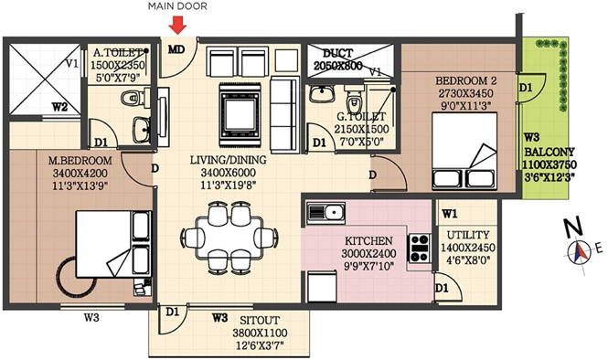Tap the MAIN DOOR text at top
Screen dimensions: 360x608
(177, 7)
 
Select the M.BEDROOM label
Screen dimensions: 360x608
(80, 161)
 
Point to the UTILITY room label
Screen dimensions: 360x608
(467, 235)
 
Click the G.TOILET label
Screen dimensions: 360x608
(364, 117)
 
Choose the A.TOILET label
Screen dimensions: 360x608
(116, 52)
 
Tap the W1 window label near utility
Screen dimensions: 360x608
(449, 215)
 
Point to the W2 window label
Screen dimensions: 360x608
(59, 107)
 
